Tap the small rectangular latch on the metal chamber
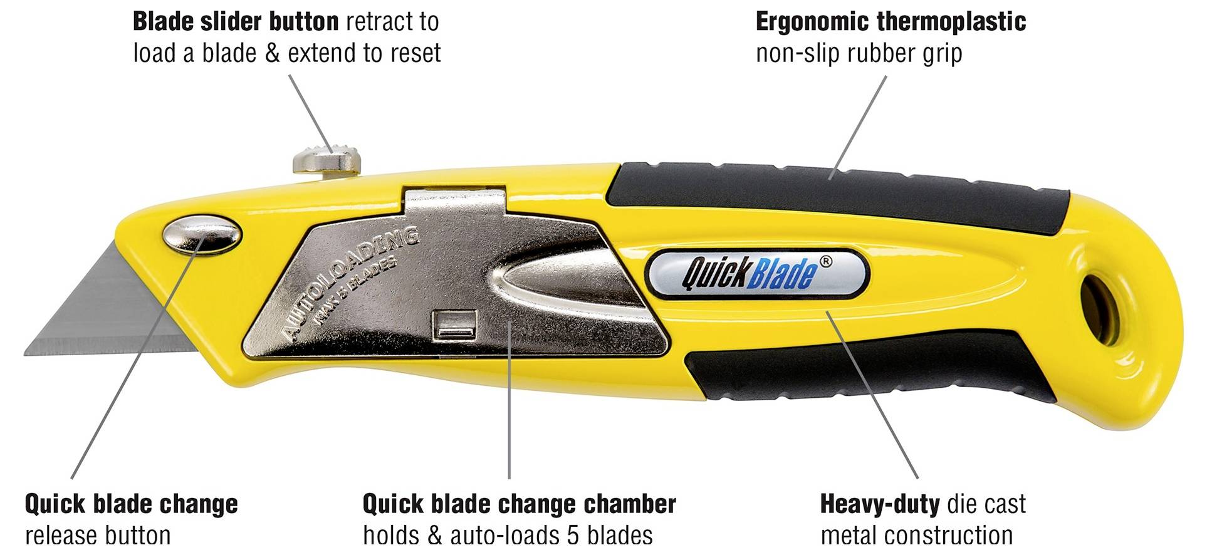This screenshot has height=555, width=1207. tap(455, 323)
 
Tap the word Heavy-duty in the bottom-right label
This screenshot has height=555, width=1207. tap(880, 505)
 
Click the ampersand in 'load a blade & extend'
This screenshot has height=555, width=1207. tap(272, 53)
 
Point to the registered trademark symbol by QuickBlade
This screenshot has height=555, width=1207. tap(826, 261)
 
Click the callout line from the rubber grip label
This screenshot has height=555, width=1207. tap(859, 127)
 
